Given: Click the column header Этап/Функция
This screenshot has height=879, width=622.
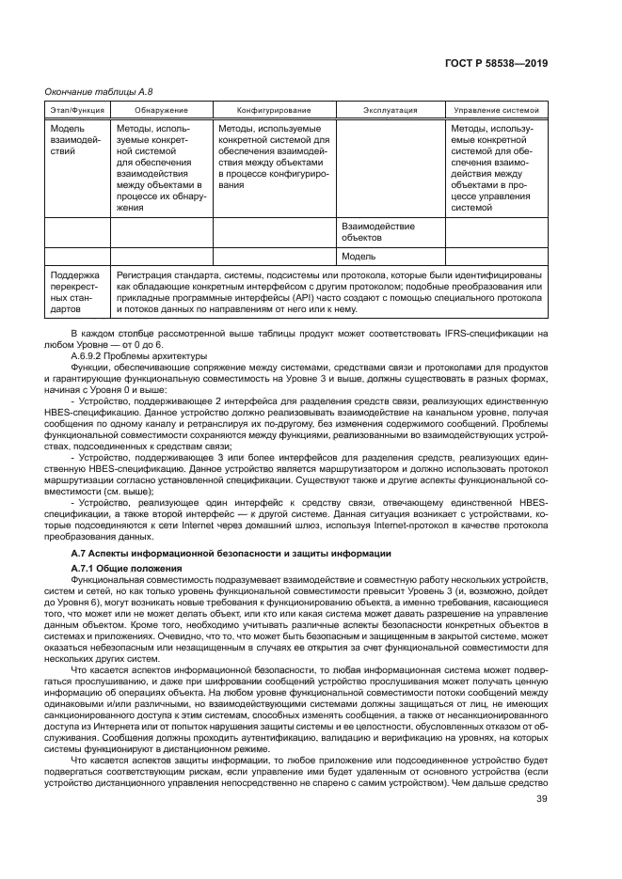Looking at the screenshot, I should click(77, 110).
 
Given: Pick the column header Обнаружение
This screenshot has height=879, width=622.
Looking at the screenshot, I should click(160, 110).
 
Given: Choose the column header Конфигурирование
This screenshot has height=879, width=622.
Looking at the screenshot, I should click(273, 110).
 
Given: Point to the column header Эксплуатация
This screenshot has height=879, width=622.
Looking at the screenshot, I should click(390, 110).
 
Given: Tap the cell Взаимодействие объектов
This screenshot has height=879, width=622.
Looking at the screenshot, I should click(377, 231).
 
